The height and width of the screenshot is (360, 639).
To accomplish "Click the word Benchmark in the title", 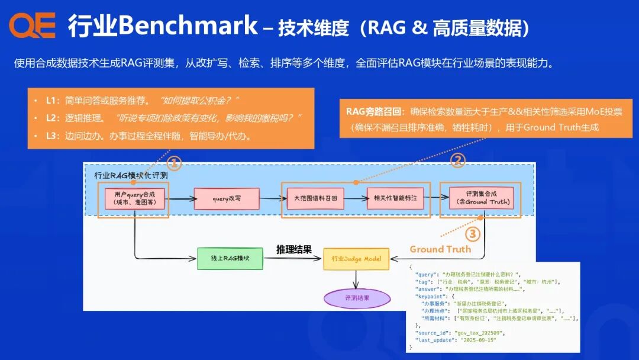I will (188, 26).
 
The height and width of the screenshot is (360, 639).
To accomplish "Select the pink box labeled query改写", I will (227, 199).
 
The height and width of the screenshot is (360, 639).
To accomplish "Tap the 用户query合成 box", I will (133, 199).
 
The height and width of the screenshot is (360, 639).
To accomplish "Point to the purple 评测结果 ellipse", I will (356, 298).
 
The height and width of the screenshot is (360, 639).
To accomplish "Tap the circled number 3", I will (472, 234).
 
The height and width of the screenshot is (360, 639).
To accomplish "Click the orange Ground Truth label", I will (440, 249).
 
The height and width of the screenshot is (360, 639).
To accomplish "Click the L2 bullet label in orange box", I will (53, 118).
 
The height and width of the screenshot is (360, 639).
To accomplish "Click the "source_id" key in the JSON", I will (433, 332).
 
